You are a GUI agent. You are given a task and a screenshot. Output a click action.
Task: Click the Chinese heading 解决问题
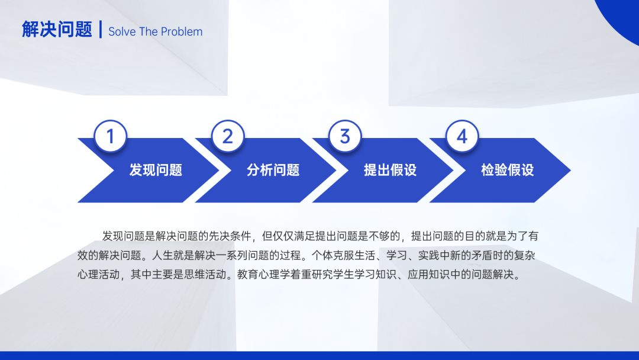click(57, 30)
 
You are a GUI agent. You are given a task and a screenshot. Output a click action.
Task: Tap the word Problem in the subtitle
click(182, 32)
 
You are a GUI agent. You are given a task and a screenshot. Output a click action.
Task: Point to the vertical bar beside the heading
click(101, 30)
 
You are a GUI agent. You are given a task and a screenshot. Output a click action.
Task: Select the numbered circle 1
click(111, 136)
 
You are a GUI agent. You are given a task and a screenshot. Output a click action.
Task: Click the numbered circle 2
click(228, 136)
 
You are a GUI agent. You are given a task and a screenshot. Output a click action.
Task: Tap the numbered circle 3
click(345, 136)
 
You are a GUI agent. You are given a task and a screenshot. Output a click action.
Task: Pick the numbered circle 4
click(462, 136)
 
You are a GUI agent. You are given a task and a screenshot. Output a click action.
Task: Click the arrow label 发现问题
click(156, 170)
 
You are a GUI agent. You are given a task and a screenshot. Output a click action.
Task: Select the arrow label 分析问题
click(273, 170)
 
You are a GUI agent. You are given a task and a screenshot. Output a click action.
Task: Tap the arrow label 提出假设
click(390, 170)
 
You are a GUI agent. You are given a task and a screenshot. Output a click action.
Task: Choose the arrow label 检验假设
click(508, 170)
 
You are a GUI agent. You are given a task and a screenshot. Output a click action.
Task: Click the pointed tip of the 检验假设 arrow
click(570, 171)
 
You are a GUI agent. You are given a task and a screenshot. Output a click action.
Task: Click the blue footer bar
click(319, 355)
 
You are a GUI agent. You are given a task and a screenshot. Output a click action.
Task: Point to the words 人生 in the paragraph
click(162, 256)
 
